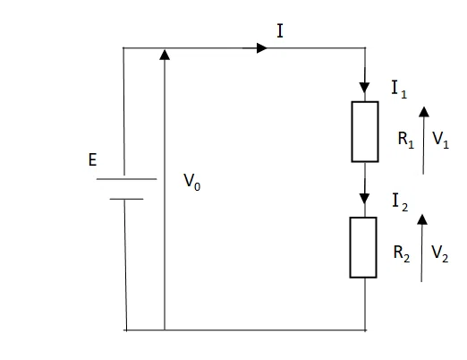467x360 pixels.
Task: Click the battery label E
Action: coord(93,159)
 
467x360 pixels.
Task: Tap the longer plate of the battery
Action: coord(126,179)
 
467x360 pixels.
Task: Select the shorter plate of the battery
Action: coord(126,199)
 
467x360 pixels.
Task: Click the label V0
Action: coord(191,182)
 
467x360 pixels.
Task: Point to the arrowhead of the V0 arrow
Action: coord(165,55)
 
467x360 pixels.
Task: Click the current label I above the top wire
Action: coord(280,30)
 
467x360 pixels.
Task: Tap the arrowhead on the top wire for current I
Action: coord(262,47)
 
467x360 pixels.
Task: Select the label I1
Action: coord(399,90)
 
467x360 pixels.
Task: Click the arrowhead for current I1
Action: coord(364,88)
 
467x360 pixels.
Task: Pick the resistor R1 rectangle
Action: coord(365,132)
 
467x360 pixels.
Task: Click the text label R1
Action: coord(406,140)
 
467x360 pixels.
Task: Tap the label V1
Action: coord(440,140)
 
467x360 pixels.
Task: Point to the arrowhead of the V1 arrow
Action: coord(424,112)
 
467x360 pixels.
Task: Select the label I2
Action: coord(400,202)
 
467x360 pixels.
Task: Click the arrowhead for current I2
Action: coord(364,199)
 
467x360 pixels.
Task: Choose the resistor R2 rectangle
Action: coord(363,247)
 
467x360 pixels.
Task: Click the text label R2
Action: coord(402,253)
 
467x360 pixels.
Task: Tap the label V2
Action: coord(440,253)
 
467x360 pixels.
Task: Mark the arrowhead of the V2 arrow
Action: coord(422,219)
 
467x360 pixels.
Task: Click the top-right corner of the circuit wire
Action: coord(365,47)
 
